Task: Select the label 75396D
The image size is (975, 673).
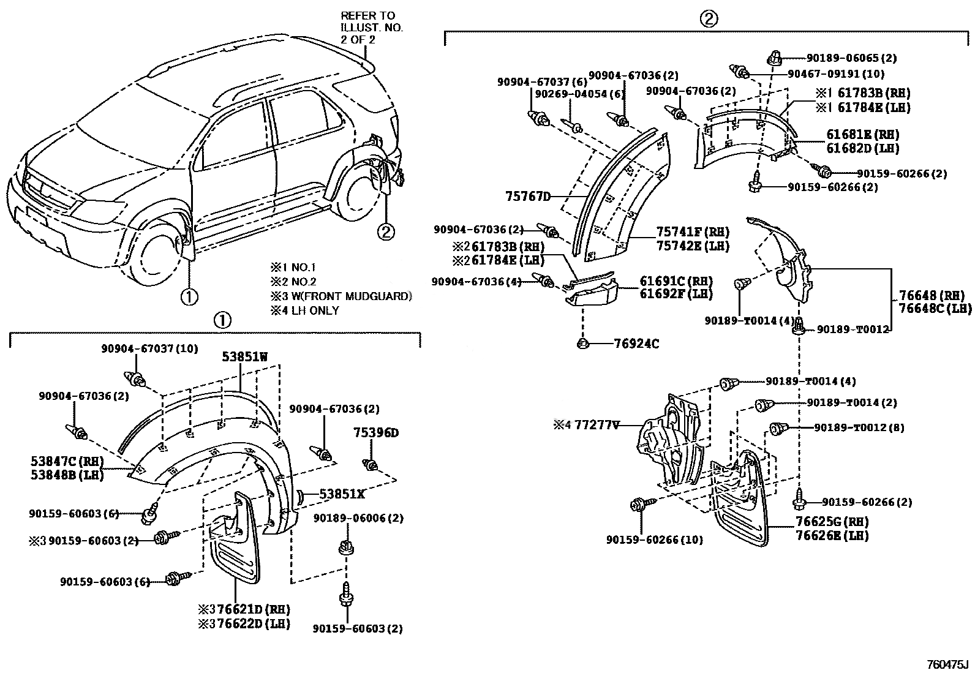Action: pyautogui.click(x=375, y=433)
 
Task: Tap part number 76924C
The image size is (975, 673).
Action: pyautogui.click(x=636, y=344)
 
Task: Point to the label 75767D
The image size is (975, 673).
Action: pyautogui.click(x=528, y=197)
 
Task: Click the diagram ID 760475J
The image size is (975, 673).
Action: pyautogui.click(x=947, y=665)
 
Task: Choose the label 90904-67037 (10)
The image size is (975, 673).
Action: pyautogui.click(x=149, y=348)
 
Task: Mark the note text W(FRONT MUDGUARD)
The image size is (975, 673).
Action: pyautogui.click(x=350, y=296)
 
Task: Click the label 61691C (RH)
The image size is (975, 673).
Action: pyautogui.click(x=676, y=281)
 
